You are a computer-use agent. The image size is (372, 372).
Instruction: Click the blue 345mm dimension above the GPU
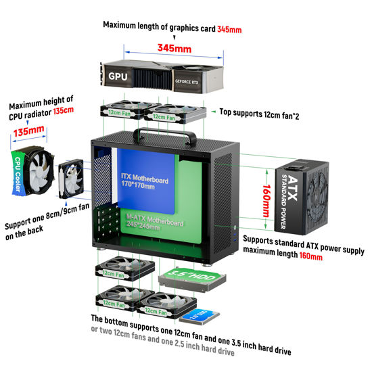(x=175, y=49)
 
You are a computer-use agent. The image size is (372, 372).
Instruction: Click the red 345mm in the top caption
(x=229, y=30)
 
